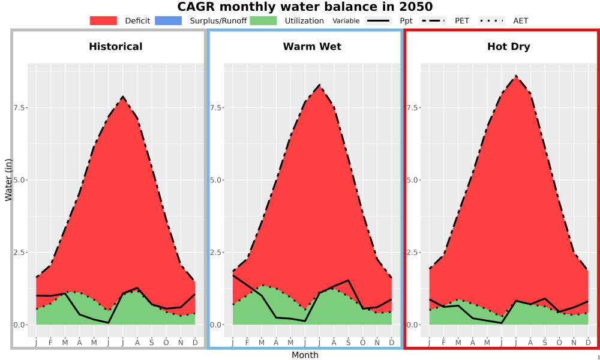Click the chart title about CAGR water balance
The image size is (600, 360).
pyautogui.click(x=305, y=7)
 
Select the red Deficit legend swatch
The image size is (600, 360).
pyautogui.click(x=103, y=20)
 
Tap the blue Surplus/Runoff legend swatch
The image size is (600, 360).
pyautogui.click(x=169, y=20)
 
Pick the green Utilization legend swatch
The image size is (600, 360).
pyautogui.click(x=263, y=20)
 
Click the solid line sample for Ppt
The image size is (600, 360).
pyautogui.click(x=378, y=20)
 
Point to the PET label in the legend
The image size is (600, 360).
pyautogui.click(x=462, y=20)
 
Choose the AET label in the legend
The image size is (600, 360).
pyautogui.click(x=520, y=20)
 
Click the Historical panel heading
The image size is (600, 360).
pyautogui.click(x=116, y=47)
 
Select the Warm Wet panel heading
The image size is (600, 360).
pyautogui.click(x=312, y=47)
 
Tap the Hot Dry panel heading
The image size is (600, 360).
pyautogui.click(x=509, y=47)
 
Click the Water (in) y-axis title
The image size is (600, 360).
pyautogui.click(x=8, y=180)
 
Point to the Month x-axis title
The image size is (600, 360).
pyautogui.click(x=305, y=355)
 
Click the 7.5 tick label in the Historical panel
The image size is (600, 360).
pyautogui.click(x=20, y=107)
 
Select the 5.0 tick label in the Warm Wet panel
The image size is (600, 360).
pyautogui.click(x=216, y=180)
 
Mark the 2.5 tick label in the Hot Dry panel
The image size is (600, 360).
pyautogui.click(x=413, y=252)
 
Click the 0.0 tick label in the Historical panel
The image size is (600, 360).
pyautogui.click(x=20, y=325)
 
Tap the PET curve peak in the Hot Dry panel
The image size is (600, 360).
pyautogui.click(x=516, y=76)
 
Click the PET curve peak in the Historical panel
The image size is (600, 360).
pyautogui.click(x=123, y=97)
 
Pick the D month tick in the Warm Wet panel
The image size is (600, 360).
pyautogui.click(x=391, y=343)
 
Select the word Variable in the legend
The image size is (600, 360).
pyautogui.click(x=346, y=21)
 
